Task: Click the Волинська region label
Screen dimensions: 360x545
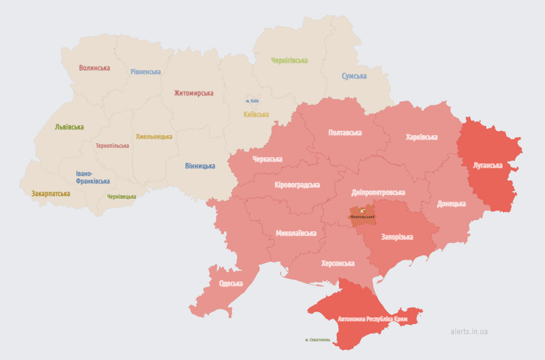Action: pyautogui.click(x=94, y=68)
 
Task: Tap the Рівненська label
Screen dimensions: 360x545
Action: pyautogui.click(x=146, y=72)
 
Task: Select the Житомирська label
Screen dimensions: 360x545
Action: pyautogui.click(x=194, y=93)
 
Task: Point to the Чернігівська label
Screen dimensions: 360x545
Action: pyautogui.click(x=289, y=60)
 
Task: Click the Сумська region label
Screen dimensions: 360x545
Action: pyautogui.click(x=354, y=76)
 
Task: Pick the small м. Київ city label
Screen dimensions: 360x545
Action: pyautogui.click(x=252, y=101)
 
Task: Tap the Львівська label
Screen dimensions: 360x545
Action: pyautogui.click(x=69, y=127)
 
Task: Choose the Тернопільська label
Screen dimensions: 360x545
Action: pyautogui.click(x=113, y=146)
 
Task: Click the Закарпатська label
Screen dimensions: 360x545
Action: pyautogui.click(x=51, y=194)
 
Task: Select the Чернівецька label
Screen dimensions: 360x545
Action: pyautogui.click(x=121, y=197)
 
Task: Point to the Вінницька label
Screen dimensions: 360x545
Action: pyautogui.click(x=200, y=166)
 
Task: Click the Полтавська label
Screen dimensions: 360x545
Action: pyautogui.click(x=345, y=133)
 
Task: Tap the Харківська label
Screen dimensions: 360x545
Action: pyautogui.click(x=421, y=136)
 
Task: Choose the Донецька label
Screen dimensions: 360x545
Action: pyautogui.click(x=451, y=204)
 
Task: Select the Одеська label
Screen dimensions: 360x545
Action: pyautogui.click(x=231, y=283)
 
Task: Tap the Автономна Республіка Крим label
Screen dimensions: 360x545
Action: pyautogui.click(x=372, y=319)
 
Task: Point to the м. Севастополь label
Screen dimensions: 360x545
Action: pyautogui.click(x=317, y=340)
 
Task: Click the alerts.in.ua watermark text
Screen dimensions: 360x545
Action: pyautogui.click(x=469, y=331)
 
